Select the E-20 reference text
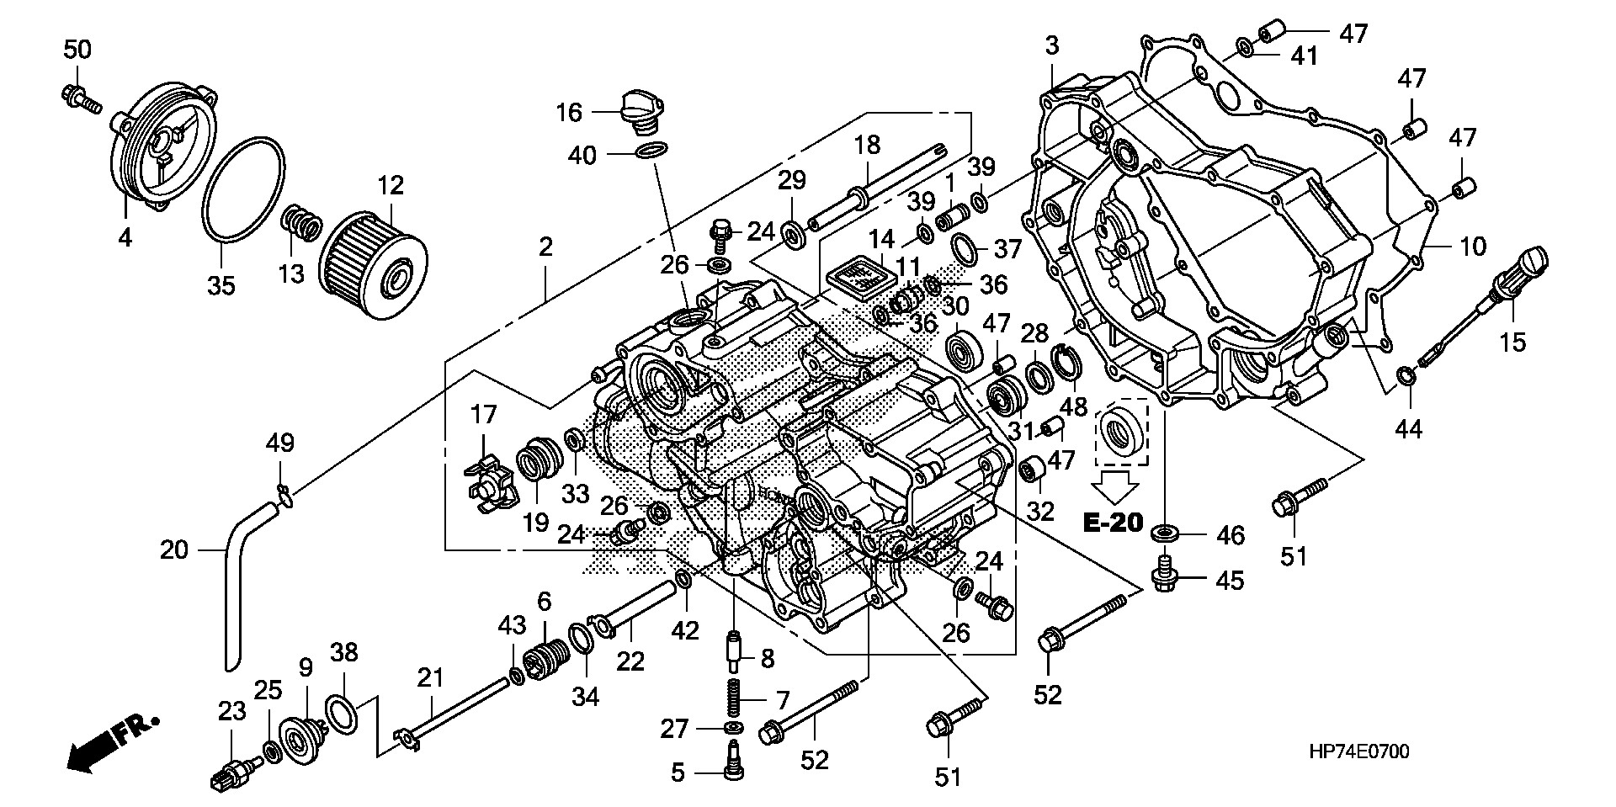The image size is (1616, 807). click(x=1112, y=523)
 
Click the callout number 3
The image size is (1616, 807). click(x=1052, y=46)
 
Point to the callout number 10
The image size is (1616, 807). click(x=1473, y=247)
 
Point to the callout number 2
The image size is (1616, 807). click(x=545, y=247)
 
